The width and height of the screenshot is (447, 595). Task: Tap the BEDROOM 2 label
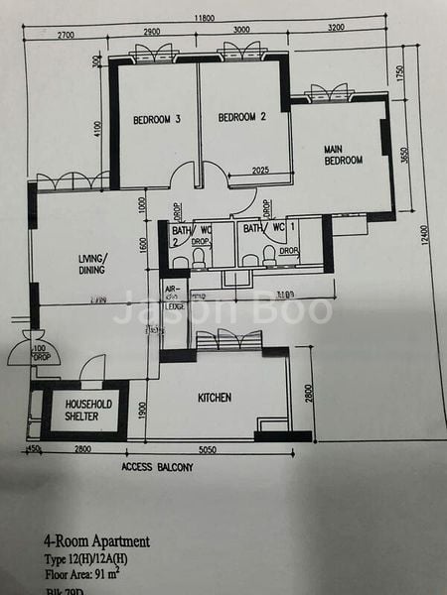(242, 117)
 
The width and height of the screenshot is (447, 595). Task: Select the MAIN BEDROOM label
(343, 155)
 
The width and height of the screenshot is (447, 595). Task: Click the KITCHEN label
(215, 398)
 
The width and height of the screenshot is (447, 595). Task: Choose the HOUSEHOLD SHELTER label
(89, 411)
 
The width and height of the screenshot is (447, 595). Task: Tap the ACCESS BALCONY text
(157, 466)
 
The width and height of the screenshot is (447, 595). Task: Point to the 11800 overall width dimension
(205, 17)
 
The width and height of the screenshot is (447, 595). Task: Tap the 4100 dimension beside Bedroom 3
(98, 129)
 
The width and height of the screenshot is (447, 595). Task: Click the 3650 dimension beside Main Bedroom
(402, 157)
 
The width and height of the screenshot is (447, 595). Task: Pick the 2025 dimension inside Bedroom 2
(261, 171)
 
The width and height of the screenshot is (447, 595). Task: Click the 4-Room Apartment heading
(96, 541)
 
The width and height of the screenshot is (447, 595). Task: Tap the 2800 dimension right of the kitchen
(309, 394)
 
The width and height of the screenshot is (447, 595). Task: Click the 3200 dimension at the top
(336, 30)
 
